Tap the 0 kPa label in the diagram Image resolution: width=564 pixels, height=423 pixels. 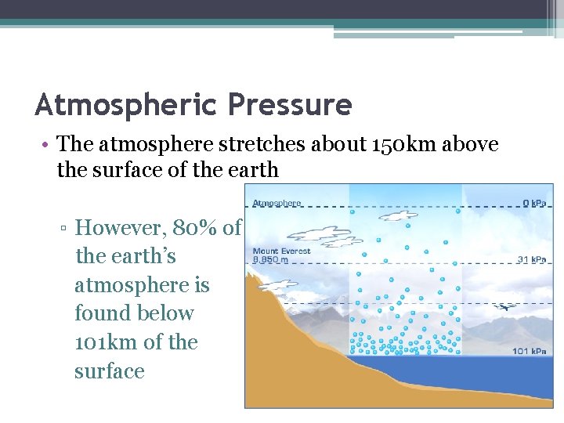coord(534,204)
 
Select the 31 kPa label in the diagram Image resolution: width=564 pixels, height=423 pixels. coord(533,260)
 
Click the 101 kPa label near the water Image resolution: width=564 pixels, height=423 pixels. coord(530,350)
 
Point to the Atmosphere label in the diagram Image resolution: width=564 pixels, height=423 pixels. coord(277,203)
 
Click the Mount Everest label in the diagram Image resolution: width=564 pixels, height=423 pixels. coord(281,251)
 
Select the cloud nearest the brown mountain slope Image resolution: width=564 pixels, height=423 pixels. coord(279,284)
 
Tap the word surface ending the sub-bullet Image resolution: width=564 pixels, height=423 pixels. coord(110,371)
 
